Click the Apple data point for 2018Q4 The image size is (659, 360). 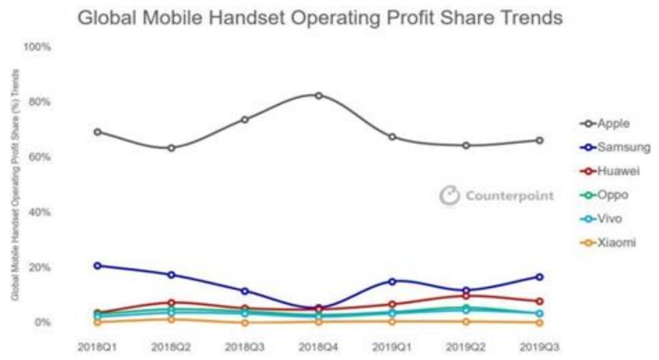319,95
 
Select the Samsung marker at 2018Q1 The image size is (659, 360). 98,265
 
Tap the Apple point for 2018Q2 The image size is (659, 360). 171,148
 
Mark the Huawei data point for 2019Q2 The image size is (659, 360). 466,295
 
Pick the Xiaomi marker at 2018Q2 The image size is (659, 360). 171,319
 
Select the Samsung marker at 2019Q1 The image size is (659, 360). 392,281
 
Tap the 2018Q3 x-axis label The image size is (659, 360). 245,347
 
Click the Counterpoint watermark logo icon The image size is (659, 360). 450,196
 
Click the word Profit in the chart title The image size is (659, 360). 432,18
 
